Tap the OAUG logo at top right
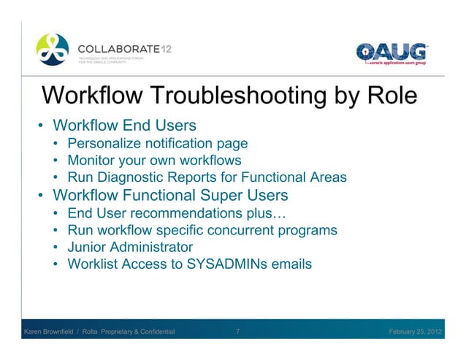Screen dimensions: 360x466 click(391, 53)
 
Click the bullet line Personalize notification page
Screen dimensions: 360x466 click(158, 143)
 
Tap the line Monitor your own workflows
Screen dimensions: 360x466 click(154, 160)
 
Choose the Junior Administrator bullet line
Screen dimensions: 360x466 click(130, 247)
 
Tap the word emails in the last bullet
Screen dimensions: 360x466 click(291, 264)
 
